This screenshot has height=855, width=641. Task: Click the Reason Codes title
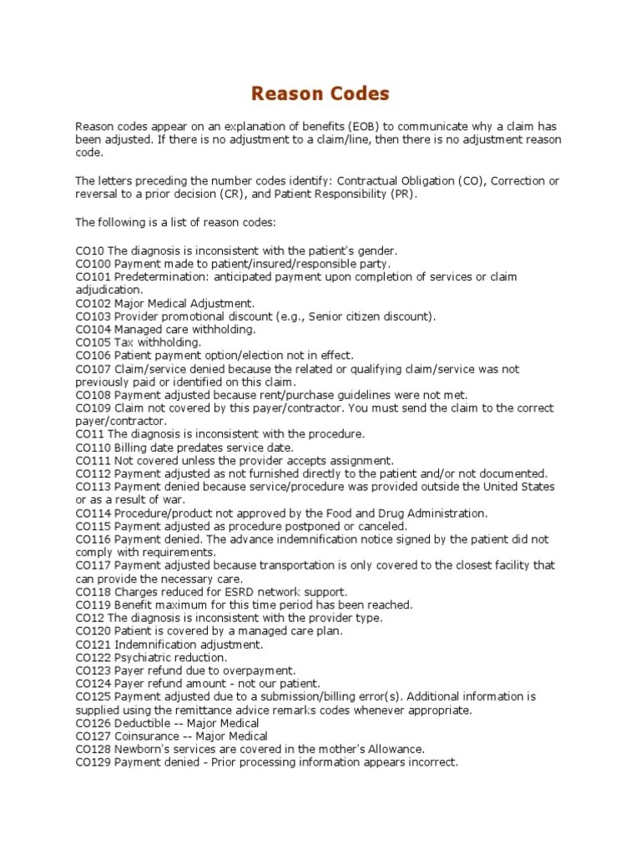point(320,92)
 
